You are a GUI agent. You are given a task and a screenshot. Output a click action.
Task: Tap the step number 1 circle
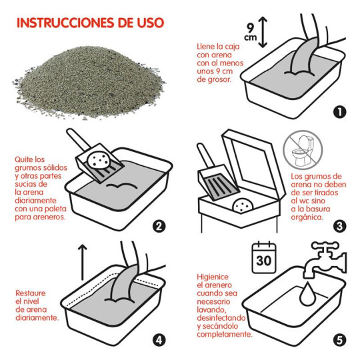[x=341, y=112]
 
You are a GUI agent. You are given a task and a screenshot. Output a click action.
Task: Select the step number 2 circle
[x=159, y=226]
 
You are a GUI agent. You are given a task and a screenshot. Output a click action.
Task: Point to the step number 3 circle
[x=341, y=226]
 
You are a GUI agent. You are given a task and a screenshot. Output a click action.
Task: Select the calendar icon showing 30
[x=263, y=257]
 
